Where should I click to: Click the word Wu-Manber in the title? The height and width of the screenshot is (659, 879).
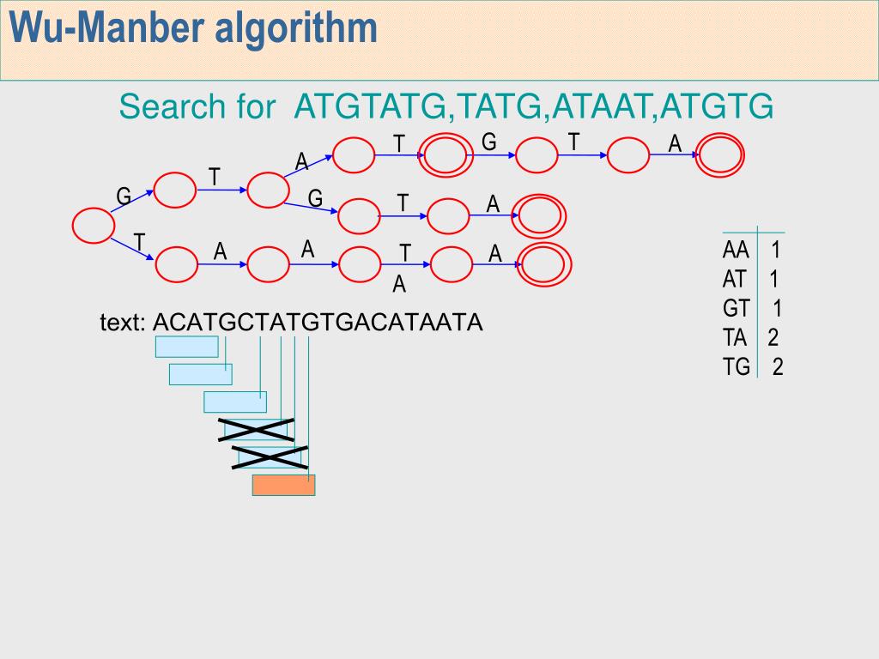(107, 28)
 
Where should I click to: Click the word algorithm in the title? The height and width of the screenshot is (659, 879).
(295, 28)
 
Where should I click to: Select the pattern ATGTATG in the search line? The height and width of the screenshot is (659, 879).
(371, 107)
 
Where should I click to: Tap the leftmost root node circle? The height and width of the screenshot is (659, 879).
(93, 225)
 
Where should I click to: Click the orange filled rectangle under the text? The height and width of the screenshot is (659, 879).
(283, 485)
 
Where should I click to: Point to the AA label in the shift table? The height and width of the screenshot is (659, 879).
(737, 251)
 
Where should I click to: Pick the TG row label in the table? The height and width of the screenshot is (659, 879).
(737, 367)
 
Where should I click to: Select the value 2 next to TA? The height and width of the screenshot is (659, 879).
(773, 338)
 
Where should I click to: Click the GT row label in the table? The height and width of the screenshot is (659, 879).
(737, 309)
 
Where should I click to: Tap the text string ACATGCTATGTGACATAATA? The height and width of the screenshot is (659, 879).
(318, 323)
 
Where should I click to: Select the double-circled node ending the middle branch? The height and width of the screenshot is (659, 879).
(540, 215)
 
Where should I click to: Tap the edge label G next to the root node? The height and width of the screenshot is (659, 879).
(124, 197)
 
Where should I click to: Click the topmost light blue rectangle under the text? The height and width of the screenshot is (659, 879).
(186, 347)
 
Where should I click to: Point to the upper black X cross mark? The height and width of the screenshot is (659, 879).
(256, 429)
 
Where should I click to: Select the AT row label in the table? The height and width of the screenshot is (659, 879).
(737, 280)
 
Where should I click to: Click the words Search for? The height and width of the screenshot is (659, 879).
(197, 107)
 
